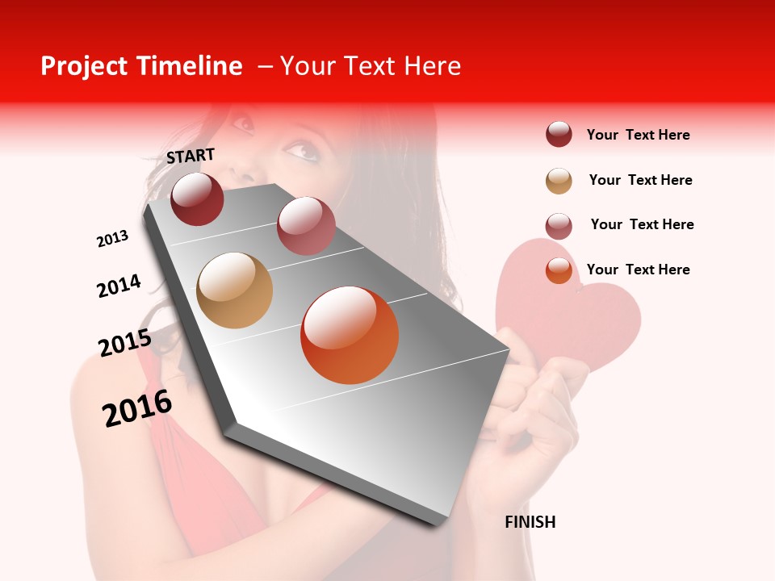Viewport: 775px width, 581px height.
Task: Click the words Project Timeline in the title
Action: click(141, 66)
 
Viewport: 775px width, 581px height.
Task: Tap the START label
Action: click(191, 156)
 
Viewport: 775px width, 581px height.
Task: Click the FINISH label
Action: click(530, 522)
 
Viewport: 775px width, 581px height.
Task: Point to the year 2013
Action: click(112, 239)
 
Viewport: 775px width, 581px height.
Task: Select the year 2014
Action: click(119, 286)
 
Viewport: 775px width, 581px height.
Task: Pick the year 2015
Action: click(125, 343)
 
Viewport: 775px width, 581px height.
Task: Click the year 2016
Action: click(137, 408)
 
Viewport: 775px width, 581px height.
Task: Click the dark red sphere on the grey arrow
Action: click(197, 199)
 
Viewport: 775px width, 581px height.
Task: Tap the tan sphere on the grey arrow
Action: click(235, 290)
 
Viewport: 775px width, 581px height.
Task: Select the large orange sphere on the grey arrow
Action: click(350, 335)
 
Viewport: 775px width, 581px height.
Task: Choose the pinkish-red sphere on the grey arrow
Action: click(306, 226)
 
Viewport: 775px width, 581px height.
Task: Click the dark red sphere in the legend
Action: click(559, 135)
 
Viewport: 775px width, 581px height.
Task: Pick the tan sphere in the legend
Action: click(559, 181)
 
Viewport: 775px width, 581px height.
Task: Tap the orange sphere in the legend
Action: click(559, 270)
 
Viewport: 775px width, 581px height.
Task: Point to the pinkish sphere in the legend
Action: click(559, 226)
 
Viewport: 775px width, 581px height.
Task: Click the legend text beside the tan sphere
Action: click(640, 180)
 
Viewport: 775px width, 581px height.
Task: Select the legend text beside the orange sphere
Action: click(638, 270)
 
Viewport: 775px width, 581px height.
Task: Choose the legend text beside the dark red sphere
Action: click(638, 135)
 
